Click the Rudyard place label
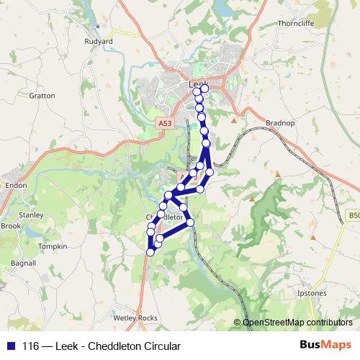(x=99, y=42)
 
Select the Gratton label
(x=42, y=95)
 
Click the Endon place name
(x=16, y=185)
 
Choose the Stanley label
(x=31, y=215)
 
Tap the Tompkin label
(x=53, y=246)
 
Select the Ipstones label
(x=312, y=294)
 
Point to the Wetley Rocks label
(x=135, y=318)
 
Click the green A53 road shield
(x=165, y=123)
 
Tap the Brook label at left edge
(x=10, y=225)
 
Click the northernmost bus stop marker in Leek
(x=204, y=88)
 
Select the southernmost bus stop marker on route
(x=150, y=252)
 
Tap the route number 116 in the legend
(x=32, y=346)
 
